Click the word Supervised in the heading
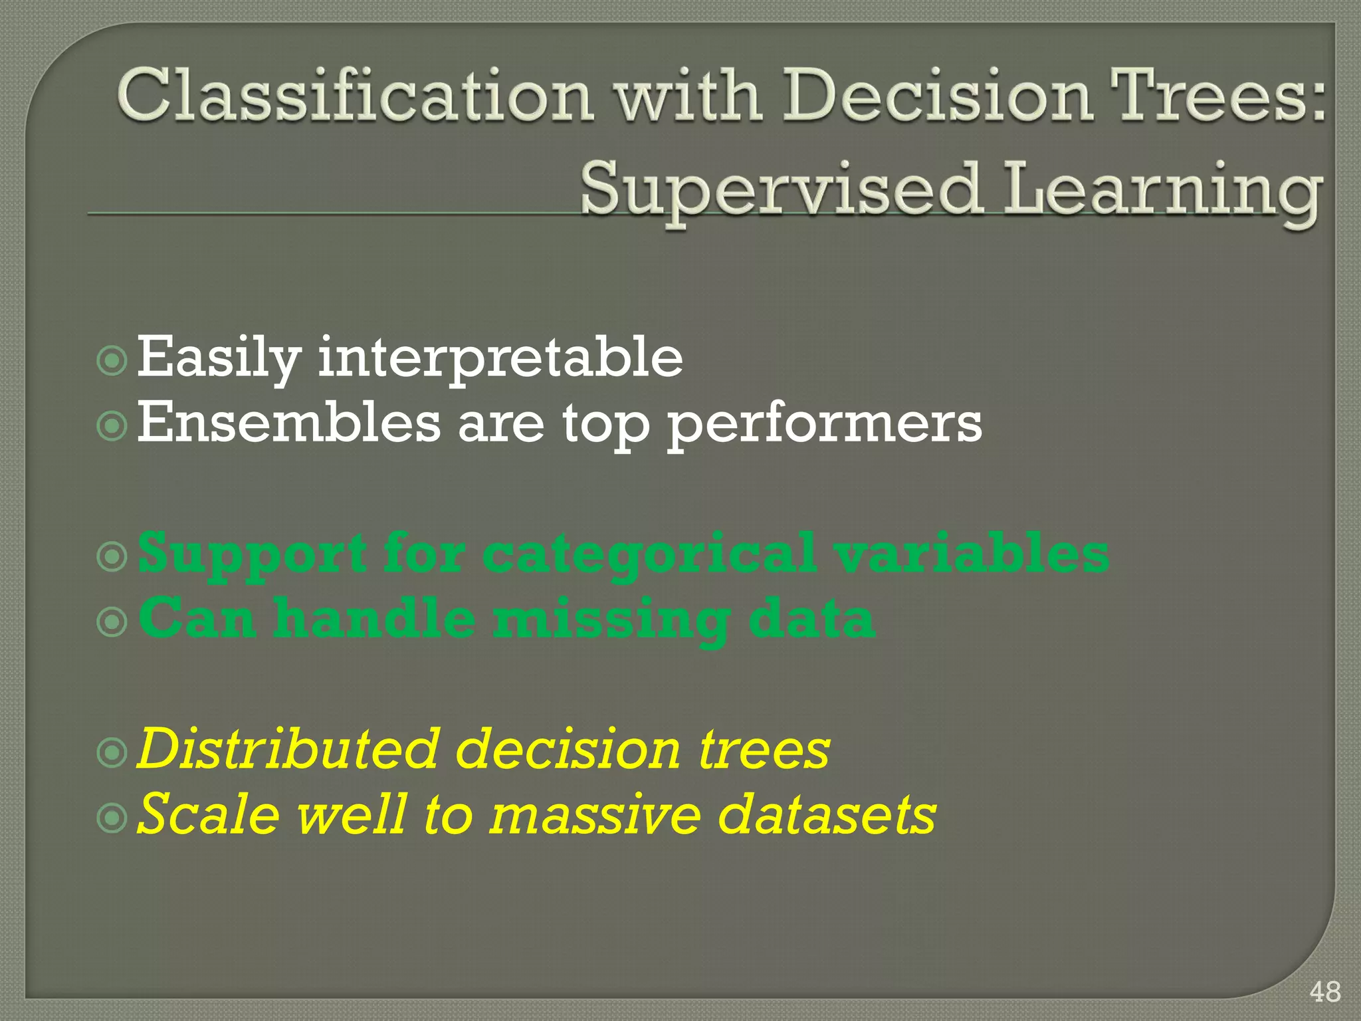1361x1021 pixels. (780, 191)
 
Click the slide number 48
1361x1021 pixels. (1324, 992)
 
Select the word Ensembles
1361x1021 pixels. (288, 423)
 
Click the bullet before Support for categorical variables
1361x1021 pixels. (112, 556)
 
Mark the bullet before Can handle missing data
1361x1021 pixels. (112, 622)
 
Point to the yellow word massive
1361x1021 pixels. (595, 815)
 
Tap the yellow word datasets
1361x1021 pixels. (827, 815)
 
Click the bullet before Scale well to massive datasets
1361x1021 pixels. (112, 818)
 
